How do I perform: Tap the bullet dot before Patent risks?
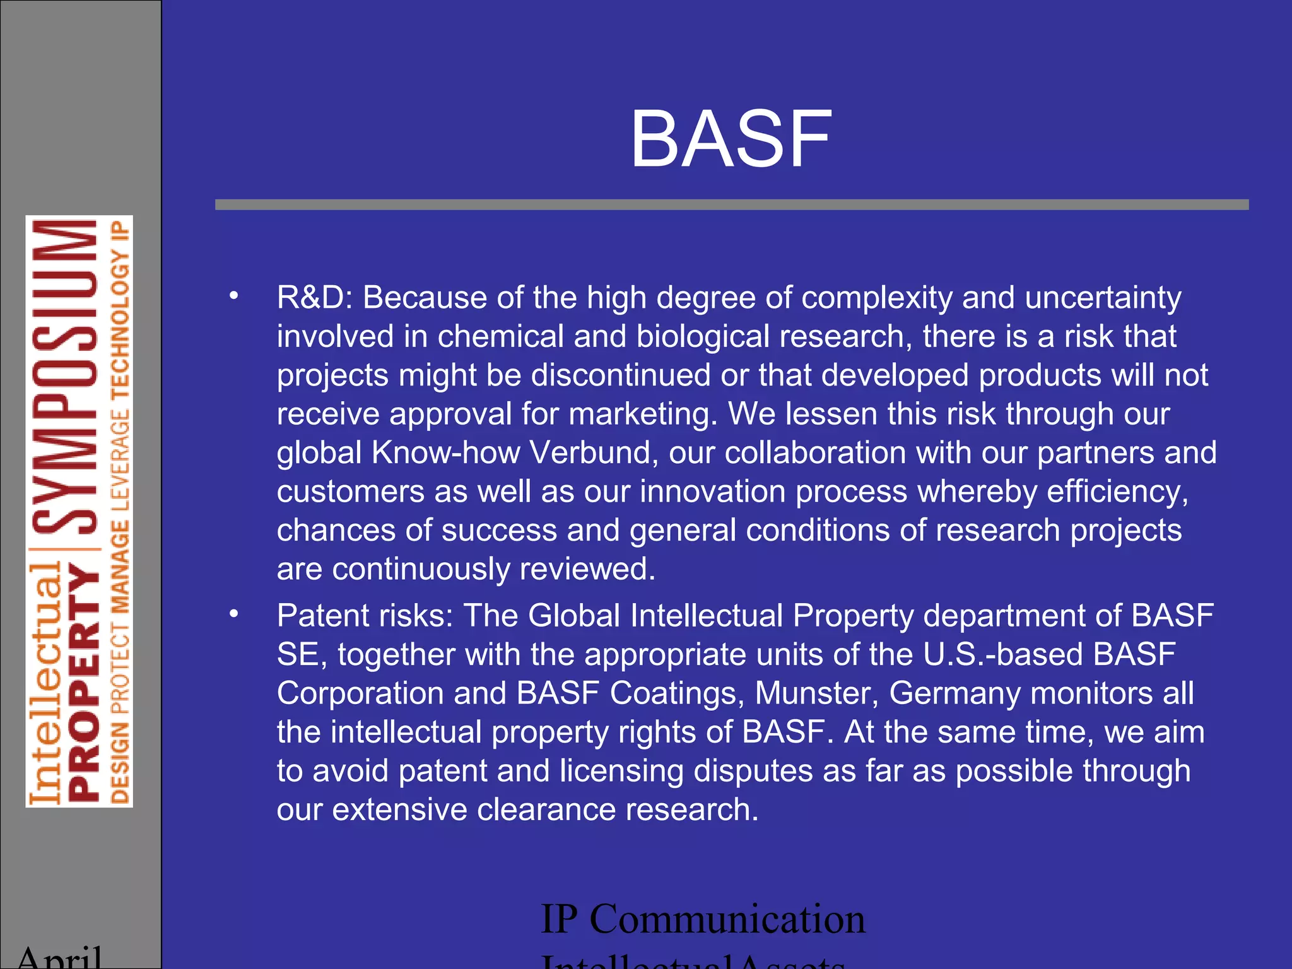coord(234,614)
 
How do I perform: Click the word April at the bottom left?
coord(60,958)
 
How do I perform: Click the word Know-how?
coord(445,453)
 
